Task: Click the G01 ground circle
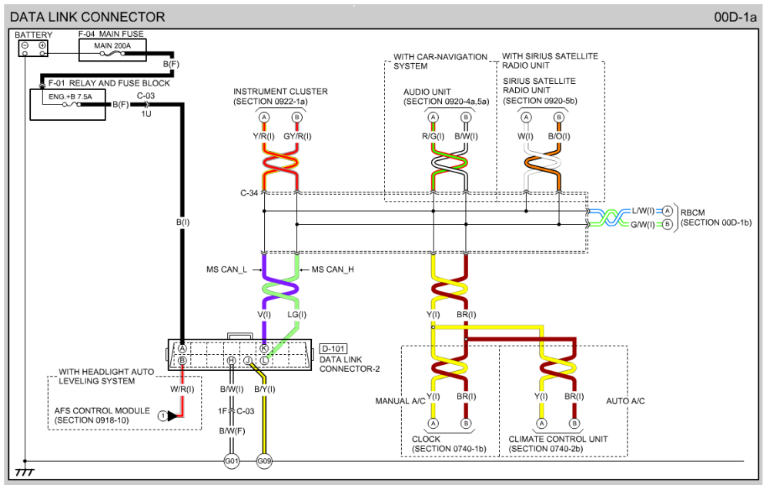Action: (x=231, y=461)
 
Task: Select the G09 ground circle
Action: (x=264, y=461)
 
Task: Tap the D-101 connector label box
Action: (x=333, y=349)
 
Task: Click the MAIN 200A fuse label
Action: (x=112, y=45)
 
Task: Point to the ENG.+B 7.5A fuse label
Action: (x=70, y=97)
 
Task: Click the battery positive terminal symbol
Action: (x=42, y=45)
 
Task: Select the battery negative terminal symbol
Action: (x=25, y=45)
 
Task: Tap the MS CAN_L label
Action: (x=226, y=269)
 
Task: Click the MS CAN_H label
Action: (x=333, y=269)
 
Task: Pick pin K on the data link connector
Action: (x=264, y=349)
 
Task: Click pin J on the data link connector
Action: (x=248, y=361)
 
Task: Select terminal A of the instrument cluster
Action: (x=264, y=117)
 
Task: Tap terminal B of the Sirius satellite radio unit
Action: (x=559, y=117)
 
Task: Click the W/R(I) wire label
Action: (x=182, y=390)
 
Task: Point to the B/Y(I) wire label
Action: (x=265, y=390)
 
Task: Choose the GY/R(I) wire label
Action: (x=297, y=136)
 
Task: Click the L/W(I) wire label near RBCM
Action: (x=643, y=211)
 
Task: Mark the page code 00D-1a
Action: (x=735, y=17)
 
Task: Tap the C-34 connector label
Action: (x=249, y=193)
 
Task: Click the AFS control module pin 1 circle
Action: (x=162, y=416)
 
